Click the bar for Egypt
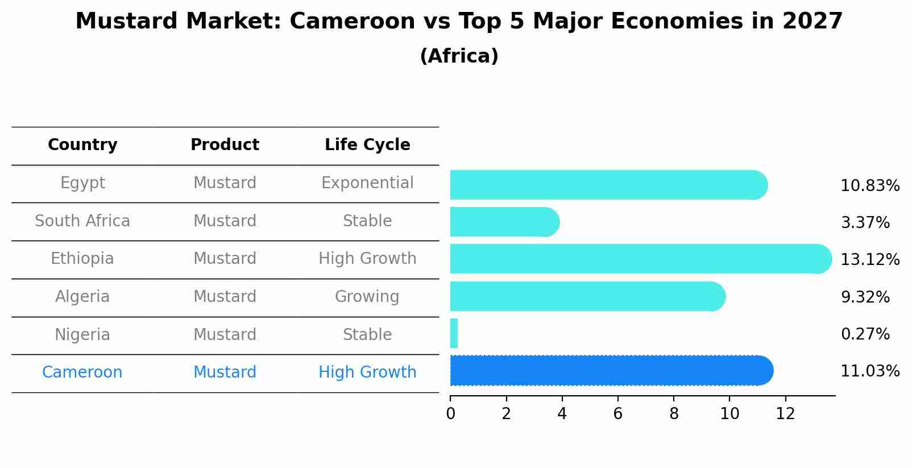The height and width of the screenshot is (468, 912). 608,185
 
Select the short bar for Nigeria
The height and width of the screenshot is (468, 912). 454,333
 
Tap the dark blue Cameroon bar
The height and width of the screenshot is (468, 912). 611,371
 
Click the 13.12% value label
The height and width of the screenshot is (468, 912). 870,260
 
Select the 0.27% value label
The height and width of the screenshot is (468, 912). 865,334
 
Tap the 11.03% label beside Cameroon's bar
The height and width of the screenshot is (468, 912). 870,371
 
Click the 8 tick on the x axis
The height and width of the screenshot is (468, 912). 674,414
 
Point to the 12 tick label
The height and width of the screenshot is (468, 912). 785,414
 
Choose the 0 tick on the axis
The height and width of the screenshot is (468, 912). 450,414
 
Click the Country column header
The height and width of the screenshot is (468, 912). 82,145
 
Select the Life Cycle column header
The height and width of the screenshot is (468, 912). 367,145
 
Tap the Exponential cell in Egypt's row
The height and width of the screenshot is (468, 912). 367,183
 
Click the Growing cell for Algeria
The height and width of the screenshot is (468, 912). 367,297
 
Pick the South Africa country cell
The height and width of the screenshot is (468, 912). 82,221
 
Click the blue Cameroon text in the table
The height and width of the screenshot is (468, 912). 82,372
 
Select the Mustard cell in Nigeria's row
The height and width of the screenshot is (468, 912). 225,335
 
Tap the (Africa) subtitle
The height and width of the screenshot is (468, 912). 459,56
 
